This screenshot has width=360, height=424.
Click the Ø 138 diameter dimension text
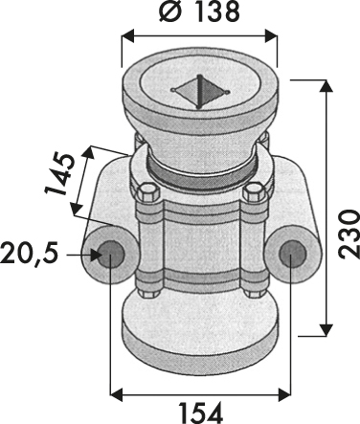tap(199, 11)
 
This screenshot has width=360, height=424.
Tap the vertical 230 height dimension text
tap(348, 234)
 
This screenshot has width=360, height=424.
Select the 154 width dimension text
tap(200, 413)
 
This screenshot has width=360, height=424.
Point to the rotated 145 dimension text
tap(59, 174)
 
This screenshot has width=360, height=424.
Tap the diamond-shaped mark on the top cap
tap(200, 92)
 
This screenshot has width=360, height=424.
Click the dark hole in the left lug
tap(110, 255)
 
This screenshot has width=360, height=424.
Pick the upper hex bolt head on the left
tap(147, 192)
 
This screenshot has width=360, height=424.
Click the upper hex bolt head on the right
tap(254, 192)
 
